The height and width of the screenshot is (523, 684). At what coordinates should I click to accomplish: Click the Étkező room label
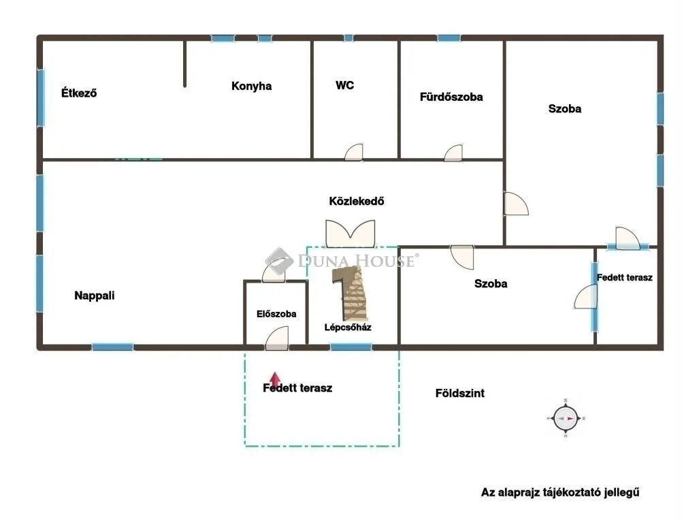79,93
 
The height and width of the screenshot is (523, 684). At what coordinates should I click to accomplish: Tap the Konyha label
251,86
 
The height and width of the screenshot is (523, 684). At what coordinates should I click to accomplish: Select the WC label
344,86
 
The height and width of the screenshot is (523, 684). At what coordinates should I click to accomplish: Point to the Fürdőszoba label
451,97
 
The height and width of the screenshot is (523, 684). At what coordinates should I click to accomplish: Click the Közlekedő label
357,201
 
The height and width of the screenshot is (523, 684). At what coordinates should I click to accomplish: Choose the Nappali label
95,296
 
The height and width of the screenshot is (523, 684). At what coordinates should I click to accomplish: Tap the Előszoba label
276,314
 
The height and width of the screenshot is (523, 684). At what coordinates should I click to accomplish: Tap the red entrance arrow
274,379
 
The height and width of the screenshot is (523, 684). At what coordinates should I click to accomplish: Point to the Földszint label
460,393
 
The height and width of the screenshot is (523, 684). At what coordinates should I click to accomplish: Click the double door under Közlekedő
350,233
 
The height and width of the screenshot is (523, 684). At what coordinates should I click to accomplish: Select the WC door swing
355,153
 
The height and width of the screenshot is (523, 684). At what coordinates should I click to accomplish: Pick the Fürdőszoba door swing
454,153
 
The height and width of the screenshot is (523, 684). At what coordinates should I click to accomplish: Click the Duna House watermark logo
279,261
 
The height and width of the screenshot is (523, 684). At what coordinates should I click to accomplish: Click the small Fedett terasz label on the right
625,277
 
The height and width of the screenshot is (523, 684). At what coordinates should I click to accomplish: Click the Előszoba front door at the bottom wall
277,338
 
